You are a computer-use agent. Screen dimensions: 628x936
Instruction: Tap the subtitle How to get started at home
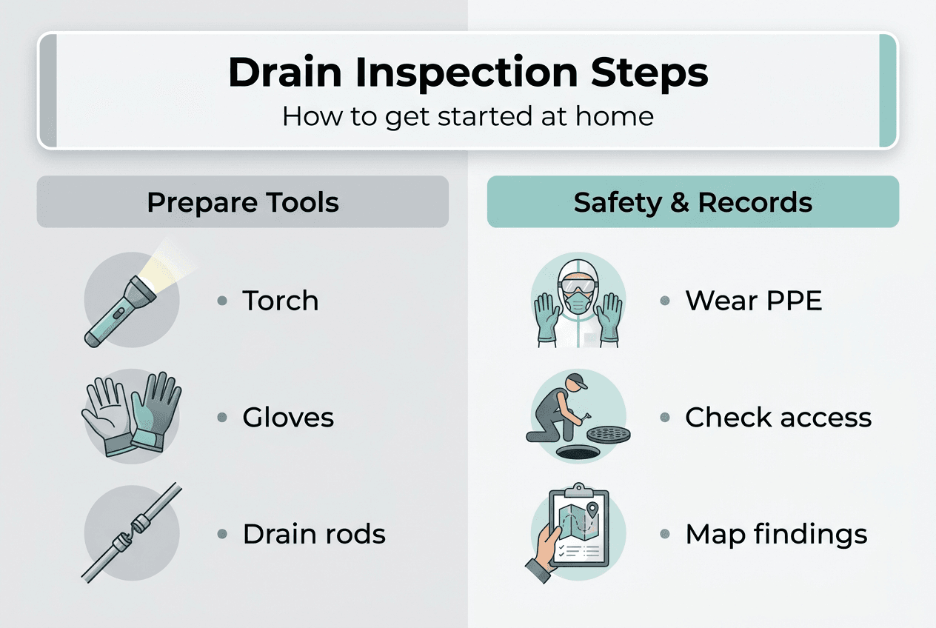click(467, 116)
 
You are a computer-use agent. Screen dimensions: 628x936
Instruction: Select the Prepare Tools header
click(243, 202)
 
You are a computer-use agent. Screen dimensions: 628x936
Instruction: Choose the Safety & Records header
click(692, 202)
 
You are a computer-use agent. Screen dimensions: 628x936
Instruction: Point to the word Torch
click(281, 301)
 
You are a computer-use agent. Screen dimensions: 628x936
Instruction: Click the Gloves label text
click(288, 418)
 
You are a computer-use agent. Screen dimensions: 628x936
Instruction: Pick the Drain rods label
click(314, 534)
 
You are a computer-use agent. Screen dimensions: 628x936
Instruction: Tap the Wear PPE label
click(753, 301)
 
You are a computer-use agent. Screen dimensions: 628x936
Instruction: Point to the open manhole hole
click(577, 451)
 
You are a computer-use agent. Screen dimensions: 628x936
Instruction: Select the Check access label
click(778, 418)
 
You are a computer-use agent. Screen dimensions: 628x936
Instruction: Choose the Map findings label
click(775, 534)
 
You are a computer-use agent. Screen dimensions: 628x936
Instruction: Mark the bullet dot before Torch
click(221, 301)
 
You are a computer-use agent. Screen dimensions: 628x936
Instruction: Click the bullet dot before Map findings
click(664, 534)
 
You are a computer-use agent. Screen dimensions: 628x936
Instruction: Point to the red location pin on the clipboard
click(592, 510)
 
